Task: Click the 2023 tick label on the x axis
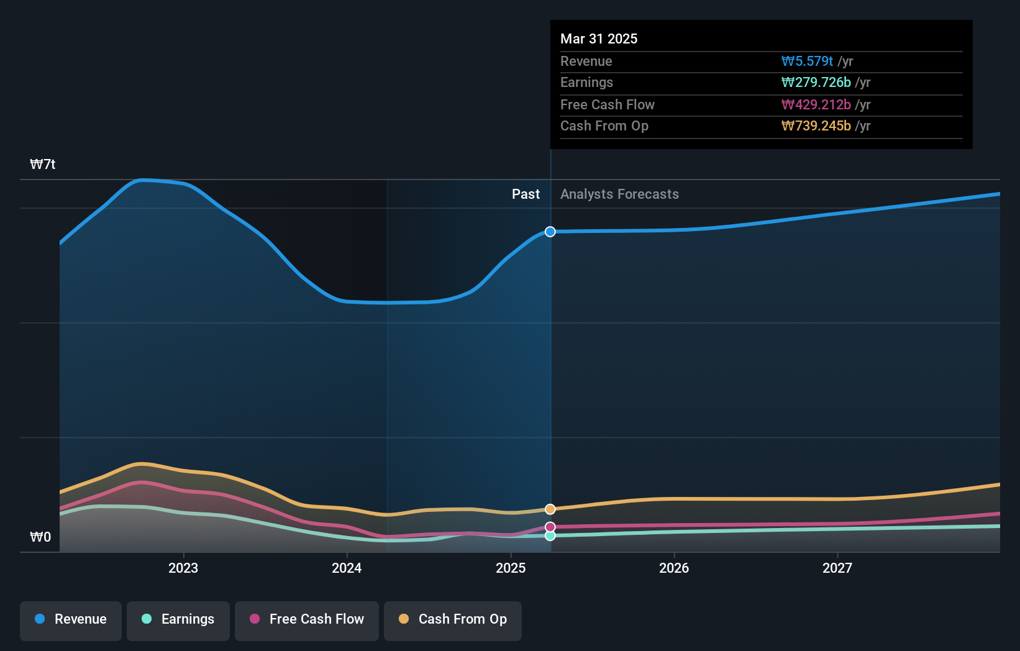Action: [183, 568]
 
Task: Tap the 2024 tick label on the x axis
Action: [347, 568]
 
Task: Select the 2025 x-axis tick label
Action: [511, 568]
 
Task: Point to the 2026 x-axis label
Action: [674, 568]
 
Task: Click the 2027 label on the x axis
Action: [837, 568]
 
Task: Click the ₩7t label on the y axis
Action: [43, 164]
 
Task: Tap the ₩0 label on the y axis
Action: [40, 537]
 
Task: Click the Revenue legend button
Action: [71, 619]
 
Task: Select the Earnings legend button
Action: [178, 619]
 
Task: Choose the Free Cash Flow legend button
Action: [307, 619]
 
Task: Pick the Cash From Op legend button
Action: [453, 619]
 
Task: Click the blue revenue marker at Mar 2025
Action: [550, 232]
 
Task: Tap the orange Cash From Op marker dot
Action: [550, 509]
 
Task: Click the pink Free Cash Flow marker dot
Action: [550, 527]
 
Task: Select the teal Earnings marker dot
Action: [550, 535]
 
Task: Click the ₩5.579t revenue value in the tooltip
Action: [807, 61]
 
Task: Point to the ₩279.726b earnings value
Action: [816, 82]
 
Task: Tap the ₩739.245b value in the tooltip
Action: [816, 125]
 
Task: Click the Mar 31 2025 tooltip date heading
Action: [599, 39]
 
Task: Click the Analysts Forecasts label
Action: [619, 194]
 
